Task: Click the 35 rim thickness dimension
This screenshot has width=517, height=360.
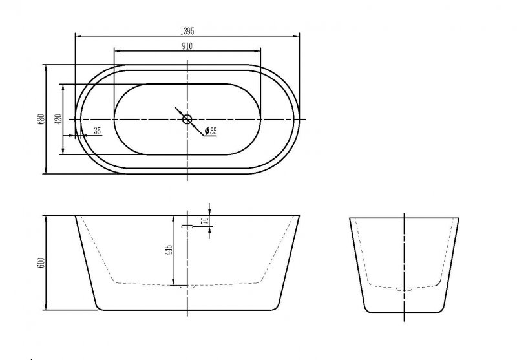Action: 98,131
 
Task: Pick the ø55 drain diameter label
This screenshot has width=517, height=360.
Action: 210,132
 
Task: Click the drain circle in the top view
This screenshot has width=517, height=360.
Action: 187,119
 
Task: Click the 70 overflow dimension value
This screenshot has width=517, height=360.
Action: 204,220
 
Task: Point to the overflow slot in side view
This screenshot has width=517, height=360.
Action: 188,227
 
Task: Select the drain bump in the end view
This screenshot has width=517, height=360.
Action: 405,288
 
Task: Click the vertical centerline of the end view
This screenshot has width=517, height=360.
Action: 405,259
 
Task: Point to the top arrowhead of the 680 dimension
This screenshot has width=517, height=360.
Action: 46,66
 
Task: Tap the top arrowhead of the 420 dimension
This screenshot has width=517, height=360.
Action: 63,85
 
